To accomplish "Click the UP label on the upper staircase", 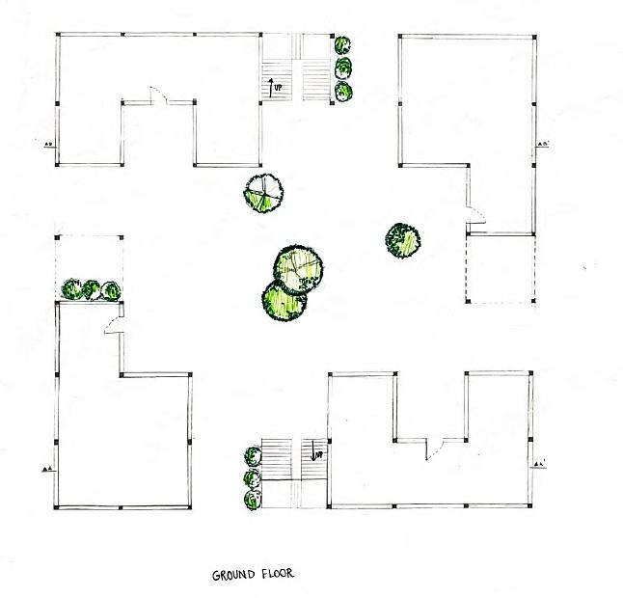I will [x=277, y=88].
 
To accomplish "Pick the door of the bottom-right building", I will [x=435, y=448].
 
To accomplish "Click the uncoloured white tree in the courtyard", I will [x=263, y=193].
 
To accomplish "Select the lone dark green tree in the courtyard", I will [x=403, y=240].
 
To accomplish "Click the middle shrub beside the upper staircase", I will [x=342, y=68].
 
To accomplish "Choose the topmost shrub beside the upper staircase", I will [x=342, y=44].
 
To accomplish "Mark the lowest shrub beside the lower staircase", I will [x=253, y=500].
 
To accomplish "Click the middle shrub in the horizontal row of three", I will [x=92, y=288].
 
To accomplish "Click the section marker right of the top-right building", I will [x=544, y=146].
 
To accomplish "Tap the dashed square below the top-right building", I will [x=501, y=269].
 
